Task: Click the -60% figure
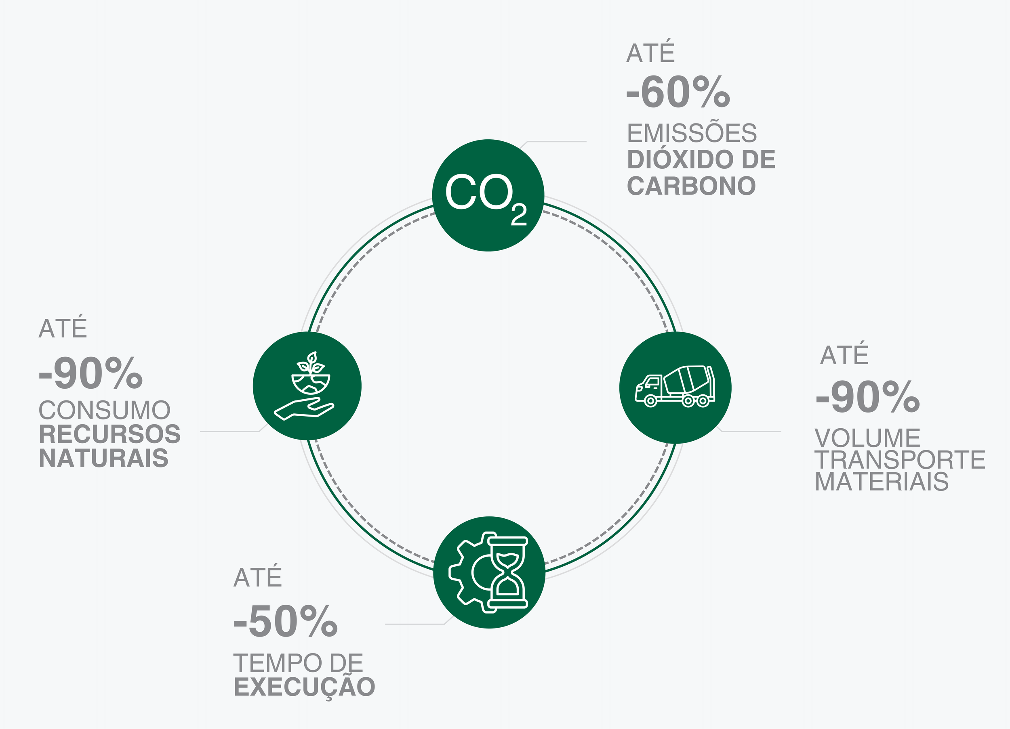(678, 92)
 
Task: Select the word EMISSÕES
(692, 133)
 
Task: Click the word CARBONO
(691, 186)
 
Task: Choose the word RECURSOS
(109, 434)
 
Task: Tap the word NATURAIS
(104, 459)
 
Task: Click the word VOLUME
(867, 438)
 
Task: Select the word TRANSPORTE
(900, 460)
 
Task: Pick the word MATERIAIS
(882, 482)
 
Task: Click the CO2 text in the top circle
(485, 196)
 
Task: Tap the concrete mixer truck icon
(675, 386)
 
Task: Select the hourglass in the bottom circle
(508, 572)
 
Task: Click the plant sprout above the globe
(311, 363)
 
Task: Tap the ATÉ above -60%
(650, 53)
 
